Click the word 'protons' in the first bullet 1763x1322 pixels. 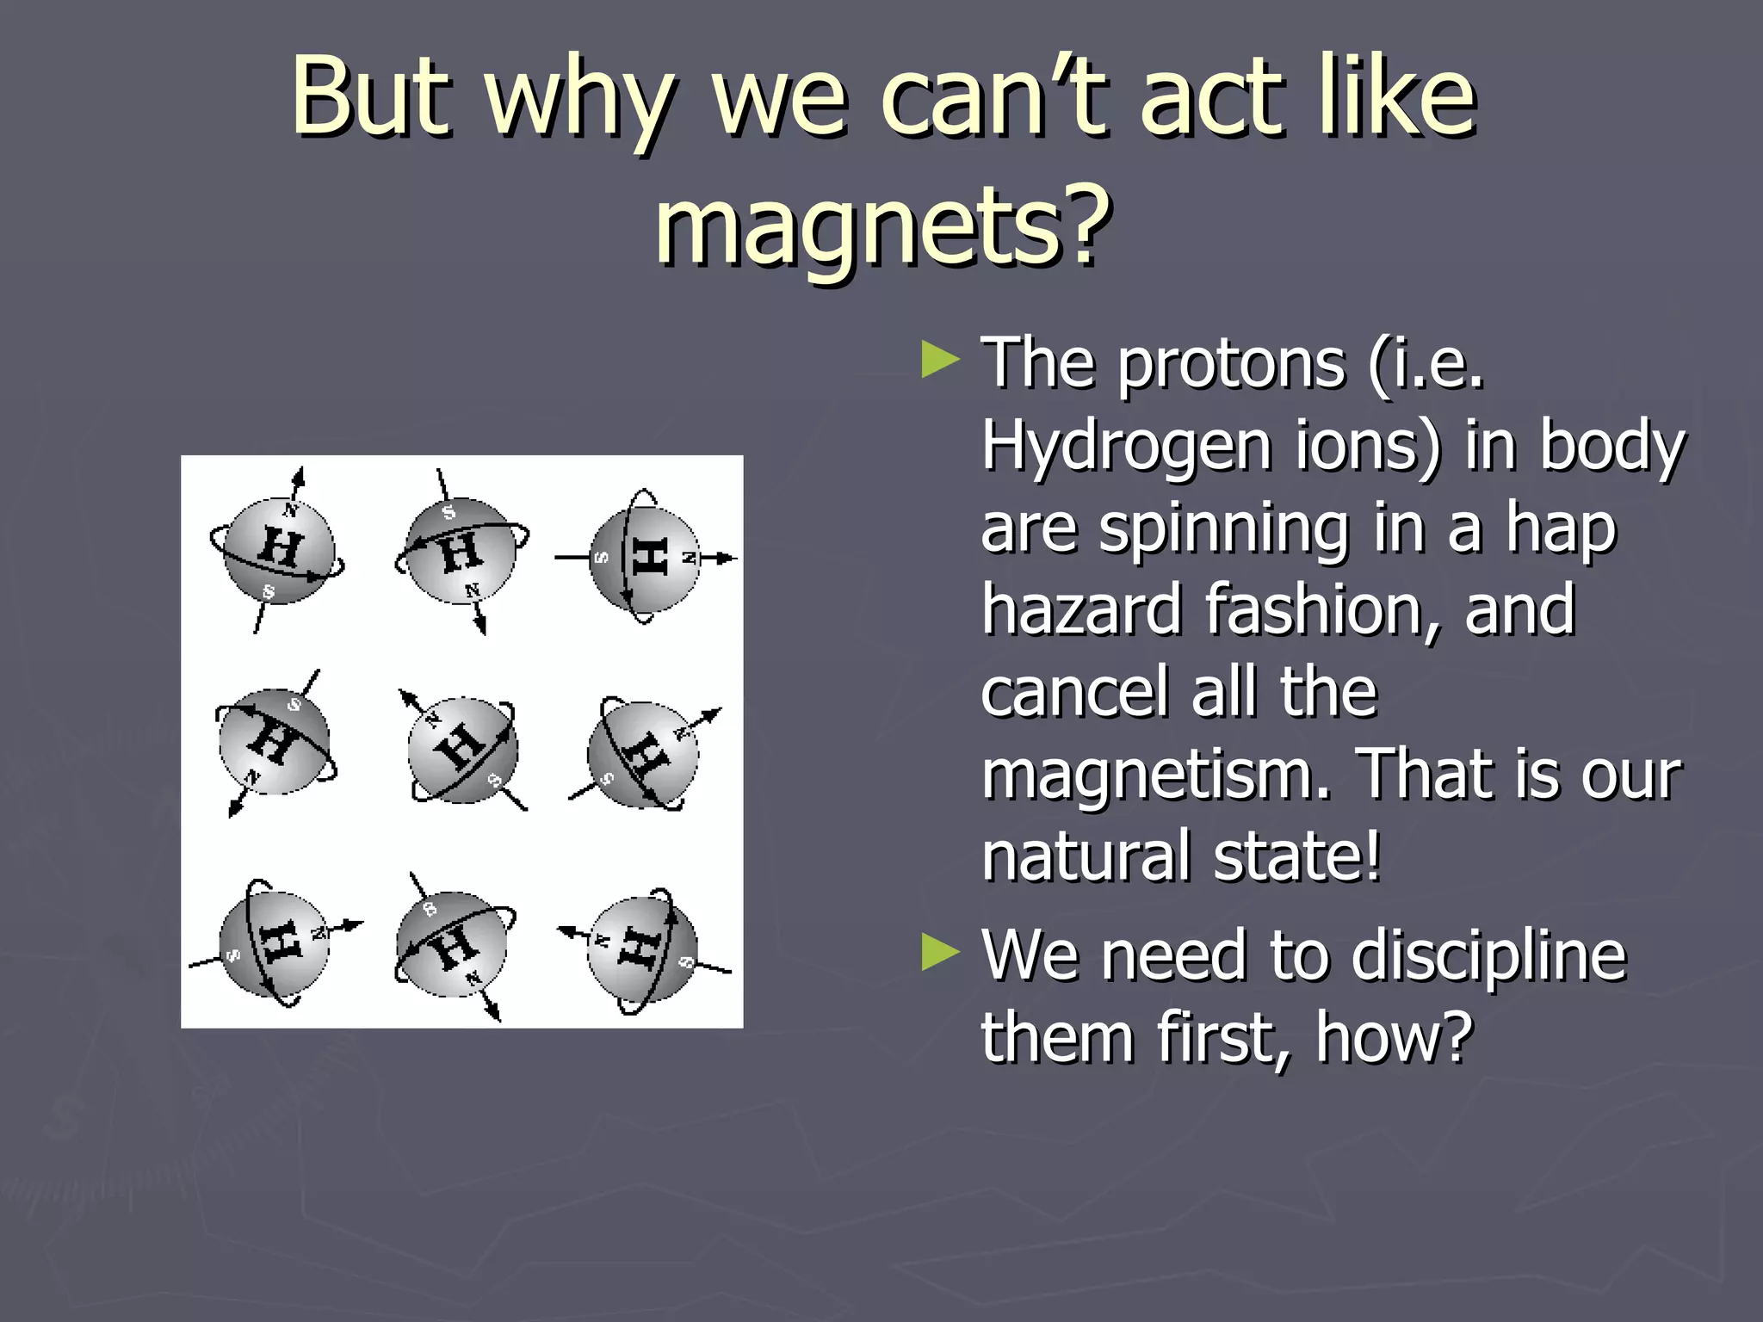(x=1231, y=363)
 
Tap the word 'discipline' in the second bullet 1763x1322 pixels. (x=1488, y=955)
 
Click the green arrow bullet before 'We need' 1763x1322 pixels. (x=939, y=953)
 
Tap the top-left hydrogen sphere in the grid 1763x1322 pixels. (x=277, y=552)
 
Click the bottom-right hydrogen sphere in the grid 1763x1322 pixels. (x=641, y=949)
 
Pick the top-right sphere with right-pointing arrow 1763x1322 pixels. (x=644, y=559)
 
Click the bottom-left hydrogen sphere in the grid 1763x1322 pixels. (x=273, y=944)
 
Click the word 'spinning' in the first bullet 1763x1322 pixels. (x=1223, y=528)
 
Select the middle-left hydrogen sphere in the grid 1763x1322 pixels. (x=273, y=741)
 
